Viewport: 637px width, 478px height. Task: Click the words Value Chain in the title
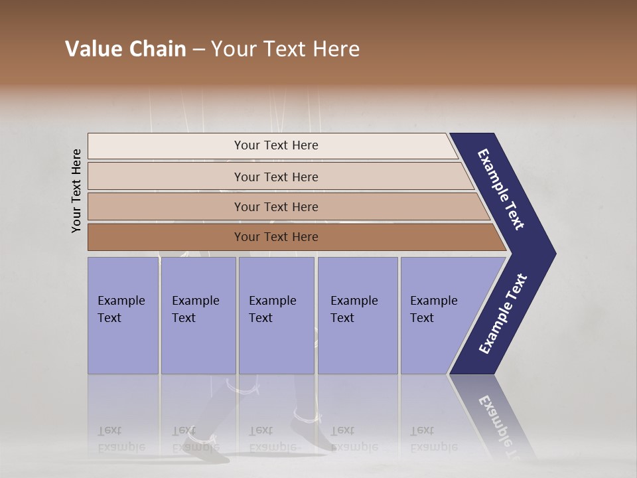tap(125, 49)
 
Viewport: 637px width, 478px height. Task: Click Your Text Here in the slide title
tap(285, 49)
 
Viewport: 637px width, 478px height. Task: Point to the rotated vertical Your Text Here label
tap(76, 191)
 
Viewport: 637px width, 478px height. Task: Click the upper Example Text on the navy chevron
tap(501, 189)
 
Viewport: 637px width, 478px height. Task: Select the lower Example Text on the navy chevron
tap(502, 314)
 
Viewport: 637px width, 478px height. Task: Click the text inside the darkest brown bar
tap(276, 237)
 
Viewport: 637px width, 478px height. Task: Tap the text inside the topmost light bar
tap(276, 145)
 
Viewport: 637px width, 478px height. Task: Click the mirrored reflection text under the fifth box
tap(433, 438)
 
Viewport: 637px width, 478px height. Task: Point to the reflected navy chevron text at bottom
tap(496, 418)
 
